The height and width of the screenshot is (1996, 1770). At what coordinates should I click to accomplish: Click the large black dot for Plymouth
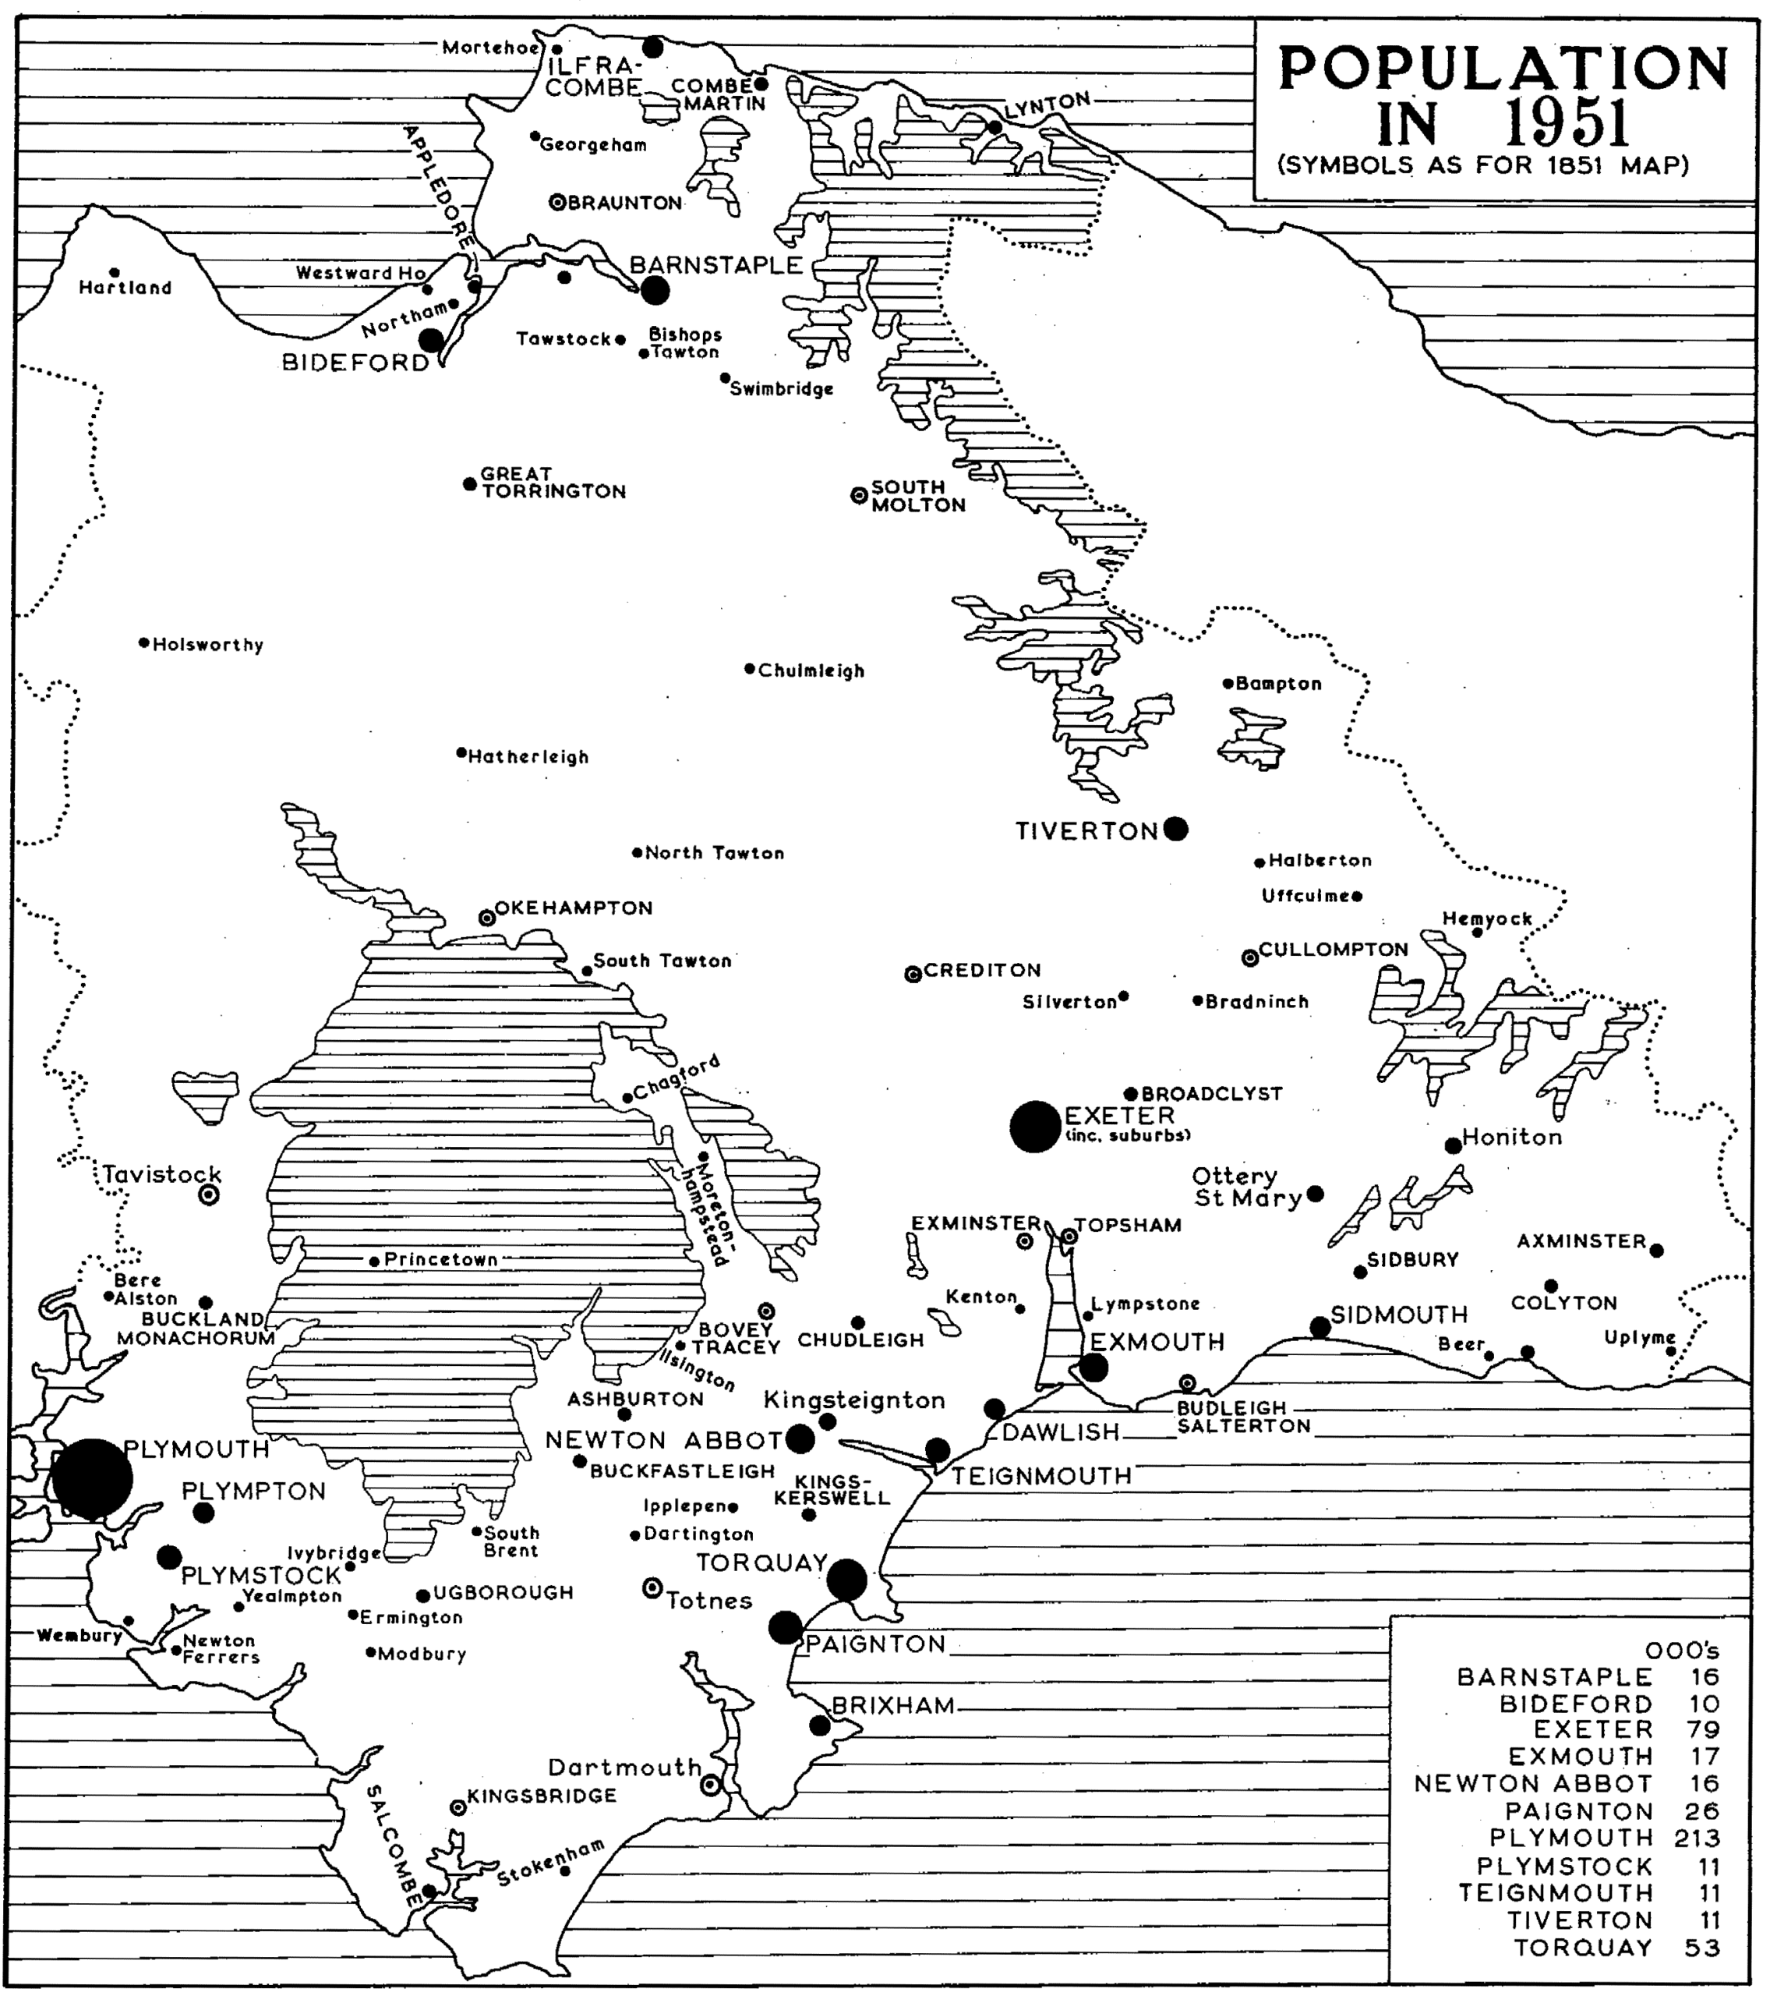[x=92, y=1479]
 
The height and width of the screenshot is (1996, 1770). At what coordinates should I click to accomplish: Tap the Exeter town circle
[x=1035, y=1126]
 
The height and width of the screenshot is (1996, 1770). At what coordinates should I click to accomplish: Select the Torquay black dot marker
[x=846, y=1579]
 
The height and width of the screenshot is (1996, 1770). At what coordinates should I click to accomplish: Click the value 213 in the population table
[x=1697, y=1838]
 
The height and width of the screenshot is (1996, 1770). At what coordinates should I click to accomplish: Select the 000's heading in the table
[x=1681, y=1651]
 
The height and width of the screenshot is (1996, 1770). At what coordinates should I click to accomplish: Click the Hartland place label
[x=125, y=288]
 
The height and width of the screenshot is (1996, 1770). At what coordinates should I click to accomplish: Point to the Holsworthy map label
[x=208, y=646]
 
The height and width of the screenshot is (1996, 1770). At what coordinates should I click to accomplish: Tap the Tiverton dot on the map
[x=1176, y=829]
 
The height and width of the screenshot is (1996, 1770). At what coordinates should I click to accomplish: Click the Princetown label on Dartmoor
[x=440, y=1260]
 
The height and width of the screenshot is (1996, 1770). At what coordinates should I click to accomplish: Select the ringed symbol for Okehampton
[x=486, y=917]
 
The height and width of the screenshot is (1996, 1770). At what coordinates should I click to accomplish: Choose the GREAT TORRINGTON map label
[x=553, y=483]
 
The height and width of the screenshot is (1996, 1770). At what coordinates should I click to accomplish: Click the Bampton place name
[x=1278, y=685]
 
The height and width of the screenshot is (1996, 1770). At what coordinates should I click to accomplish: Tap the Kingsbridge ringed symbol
[x=457, y=1807]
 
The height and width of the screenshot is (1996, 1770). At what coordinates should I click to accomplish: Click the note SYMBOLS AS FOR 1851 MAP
[x=1483, y=165]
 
